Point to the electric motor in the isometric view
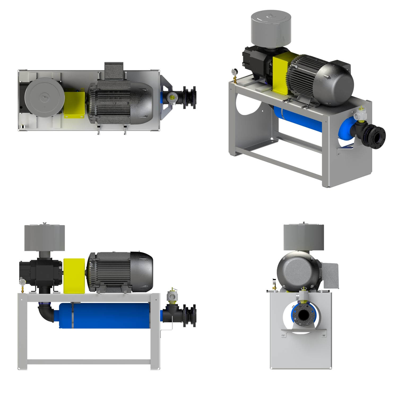pos(324,77)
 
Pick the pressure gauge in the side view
pos(22,282)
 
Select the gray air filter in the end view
pos(304,237)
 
